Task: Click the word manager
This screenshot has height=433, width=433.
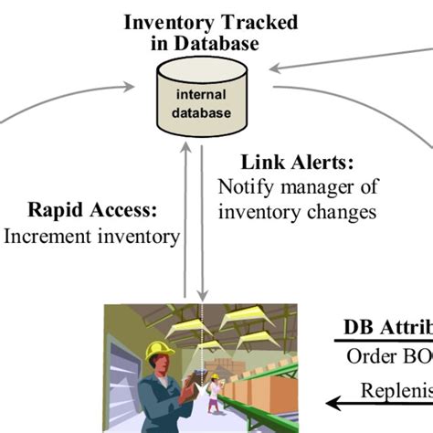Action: tap(308, 188)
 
